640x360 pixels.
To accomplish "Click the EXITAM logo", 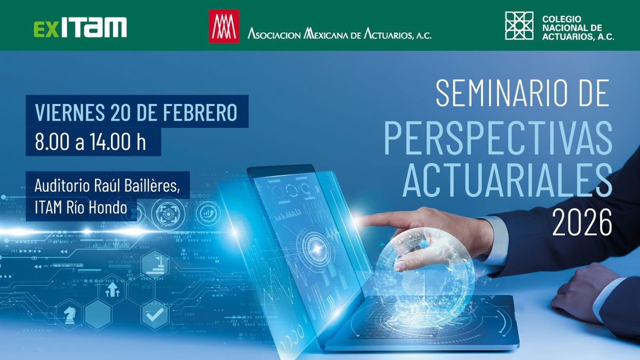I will pyautogui.click(x=81, y=27).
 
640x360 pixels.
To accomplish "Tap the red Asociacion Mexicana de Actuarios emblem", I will pyautogui.click(x=224, y=26).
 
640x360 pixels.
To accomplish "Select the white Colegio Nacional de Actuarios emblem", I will pyautogui.click(x=519, y=26).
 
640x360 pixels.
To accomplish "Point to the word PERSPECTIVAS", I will pyautogui.click(x=498, y=139).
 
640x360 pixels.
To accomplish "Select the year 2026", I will pyautogui.click(x=582, y=222).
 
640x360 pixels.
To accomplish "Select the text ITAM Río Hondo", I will pyautogui.click(x=81, y=207).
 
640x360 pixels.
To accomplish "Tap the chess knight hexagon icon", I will pyautogui.click(x=70, y=314).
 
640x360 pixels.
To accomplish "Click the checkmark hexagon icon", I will pyautogui.click(x=155, y=314).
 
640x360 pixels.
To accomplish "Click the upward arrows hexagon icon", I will pyautogui.click(x=113, y=290).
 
